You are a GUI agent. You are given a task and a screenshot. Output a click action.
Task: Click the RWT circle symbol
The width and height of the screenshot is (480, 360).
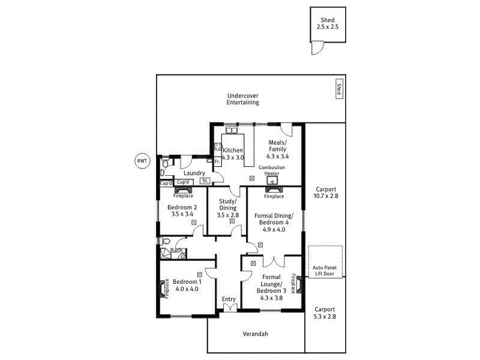(142, 161)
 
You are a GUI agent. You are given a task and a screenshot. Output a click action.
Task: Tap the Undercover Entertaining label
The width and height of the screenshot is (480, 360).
(242, 99)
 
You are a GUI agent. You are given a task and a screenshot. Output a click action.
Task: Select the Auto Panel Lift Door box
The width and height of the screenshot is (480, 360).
(326, 262)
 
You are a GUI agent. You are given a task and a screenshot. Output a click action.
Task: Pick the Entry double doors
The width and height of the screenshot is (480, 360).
(229, 308)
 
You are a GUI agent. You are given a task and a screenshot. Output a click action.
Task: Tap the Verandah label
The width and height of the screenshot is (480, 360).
(254, 334)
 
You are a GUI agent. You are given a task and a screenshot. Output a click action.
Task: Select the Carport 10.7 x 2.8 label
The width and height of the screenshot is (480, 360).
(326, 192)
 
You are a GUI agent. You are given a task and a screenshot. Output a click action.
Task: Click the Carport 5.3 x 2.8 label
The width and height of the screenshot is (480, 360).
(326, 313)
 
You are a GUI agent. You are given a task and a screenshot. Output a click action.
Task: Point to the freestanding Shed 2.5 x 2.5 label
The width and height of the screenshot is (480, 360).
(328, 23)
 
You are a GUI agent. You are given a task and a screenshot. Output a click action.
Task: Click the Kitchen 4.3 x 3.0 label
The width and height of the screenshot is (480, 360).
(232, 154)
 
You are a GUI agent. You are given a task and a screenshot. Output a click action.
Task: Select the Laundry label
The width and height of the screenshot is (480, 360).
(194, 173)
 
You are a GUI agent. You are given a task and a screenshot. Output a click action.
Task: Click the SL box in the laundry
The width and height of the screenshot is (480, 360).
(204, 181)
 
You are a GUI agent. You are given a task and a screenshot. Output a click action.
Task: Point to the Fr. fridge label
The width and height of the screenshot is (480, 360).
(217, 162)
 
